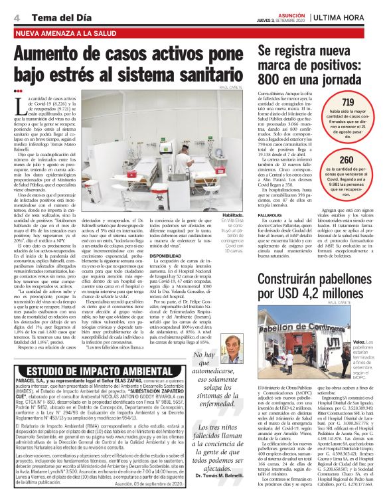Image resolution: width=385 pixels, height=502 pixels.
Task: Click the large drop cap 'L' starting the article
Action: coord(20,106)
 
